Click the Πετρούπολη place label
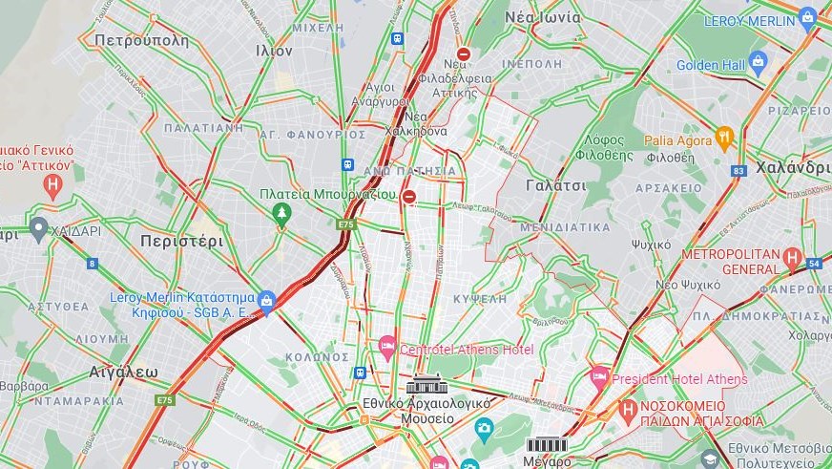coord(141,40)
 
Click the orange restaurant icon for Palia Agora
coord(724,139)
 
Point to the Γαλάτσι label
coord(555,186)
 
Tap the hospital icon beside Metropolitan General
coord(792,257)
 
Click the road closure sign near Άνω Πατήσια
coord(409,197)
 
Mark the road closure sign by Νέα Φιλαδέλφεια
coord(464,55)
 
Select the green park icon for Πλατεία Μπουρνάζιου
coord(281,213)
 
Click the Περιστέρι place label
coord(181,241)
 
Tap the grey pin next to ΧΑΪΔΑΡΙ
coord(38,229)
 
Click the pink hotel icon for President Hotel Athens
coord(599,377)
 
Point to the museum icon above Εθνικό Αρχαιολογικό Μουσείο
coord(425,385)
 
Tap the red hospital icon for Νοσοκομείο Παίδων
coord(628,411)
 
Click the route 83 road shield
coord(738,171)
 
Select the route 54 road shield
coord(814,263)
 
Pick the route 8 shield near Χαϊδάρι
coord(93,263)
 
